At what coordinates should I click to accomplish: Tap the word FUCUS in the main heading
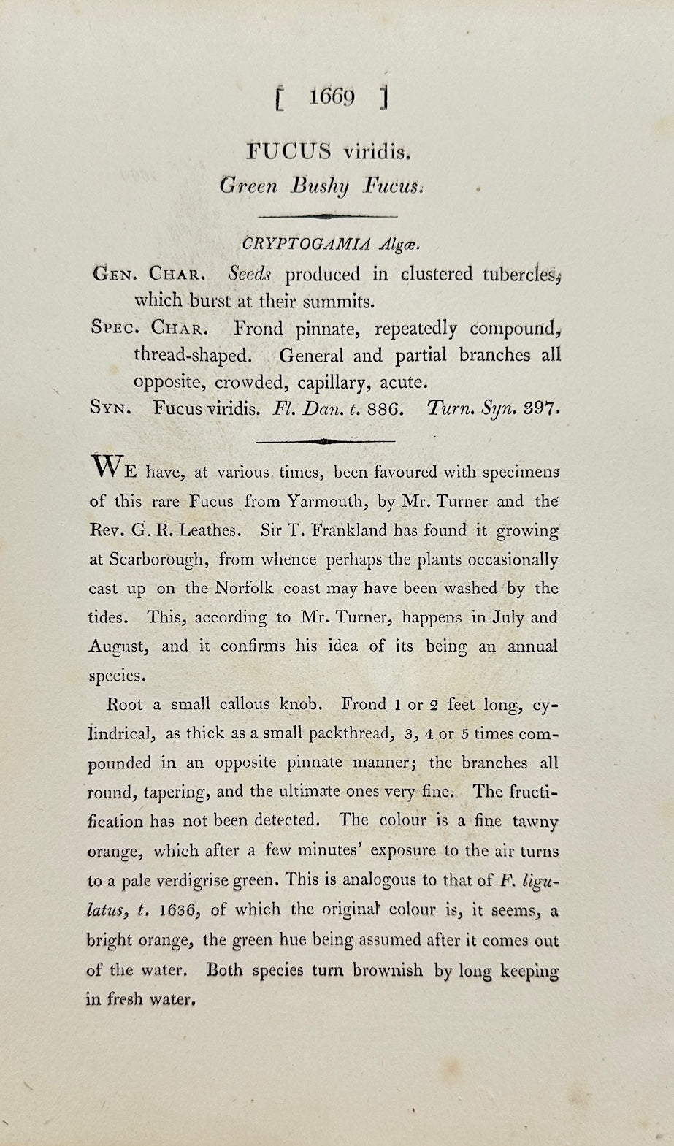[288, 151]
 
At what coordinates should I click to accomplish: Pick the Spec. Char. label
[147, 328]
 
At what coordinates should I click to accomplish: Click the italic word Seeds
[249, 274]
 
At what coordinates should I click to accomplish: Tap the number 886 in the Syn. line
[384, 408]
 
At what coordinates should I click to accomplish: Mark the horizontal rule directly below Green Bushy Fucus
[328, 216]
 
